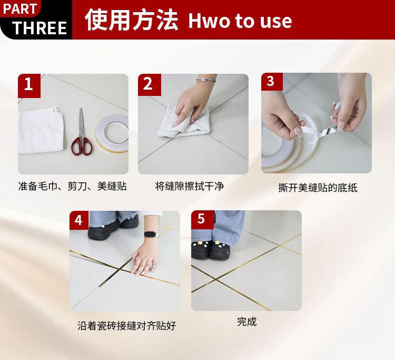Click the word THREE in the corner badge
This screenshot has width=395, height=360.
click(39, 27)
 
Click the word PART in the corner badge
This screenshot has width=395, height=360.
click(20, 9)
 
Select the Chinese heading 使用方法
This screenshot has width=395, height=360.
click(132, 20)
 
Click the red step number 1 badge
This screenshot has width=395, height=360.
click(29, 86)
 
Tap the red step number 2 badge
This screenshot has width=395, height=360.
click(150, 85)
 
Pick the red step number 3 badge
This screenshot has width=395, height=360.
click(272, 82)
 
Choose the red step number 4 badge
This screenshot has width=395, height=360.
click(79, 220)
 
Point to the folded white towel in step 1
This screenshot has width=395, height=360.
click(41, 130)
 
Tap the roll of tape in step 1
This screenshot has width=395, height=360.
click(112, 134)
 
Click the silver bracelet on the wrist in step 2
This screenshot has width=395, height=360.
click(206, 81)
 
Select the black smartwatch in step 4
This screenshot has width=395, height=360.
click(152, 235)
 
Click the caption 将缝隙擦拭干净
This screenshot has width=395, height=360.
click(190, 186)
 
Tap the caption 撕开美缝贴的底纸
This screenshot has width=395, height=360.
click(318, 188)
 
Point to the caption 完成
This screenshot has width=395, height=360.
click(246, 322)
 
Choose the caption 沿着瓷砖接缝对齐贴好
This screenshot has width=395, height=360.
click(126, 326)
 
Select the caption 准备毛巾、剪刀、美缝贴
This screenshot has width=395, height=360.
click(73, 186)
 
